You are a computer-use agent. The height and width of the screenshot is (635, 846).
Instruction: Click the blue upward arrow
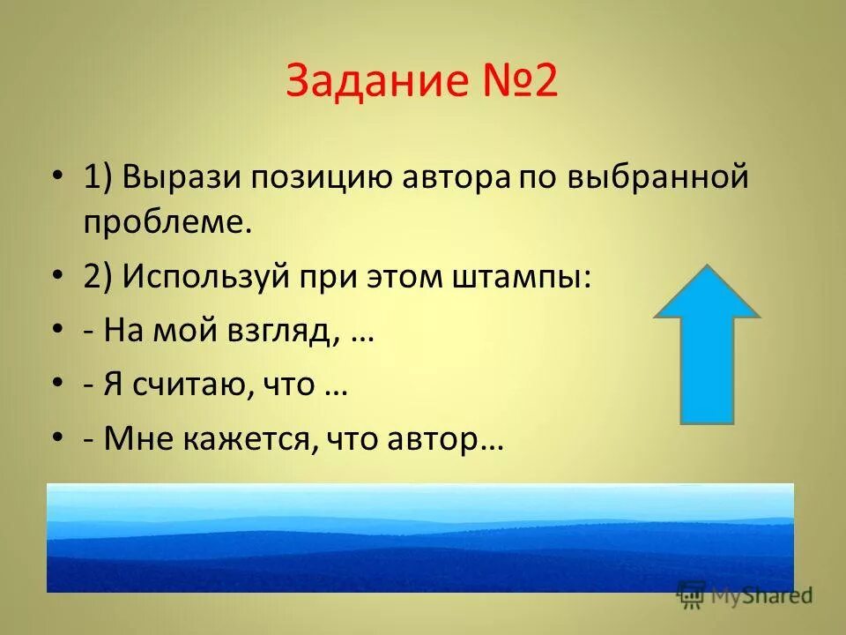point(707,344)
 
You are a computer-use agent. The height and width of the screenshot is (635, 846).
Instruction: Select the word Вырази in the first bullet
point(182,176)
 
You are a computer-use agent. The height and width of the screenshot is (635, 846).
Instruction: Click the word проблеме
point(167,221)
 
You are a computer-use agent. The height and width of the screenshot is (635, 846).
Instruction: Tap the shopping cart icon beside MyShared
point(692,595)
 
